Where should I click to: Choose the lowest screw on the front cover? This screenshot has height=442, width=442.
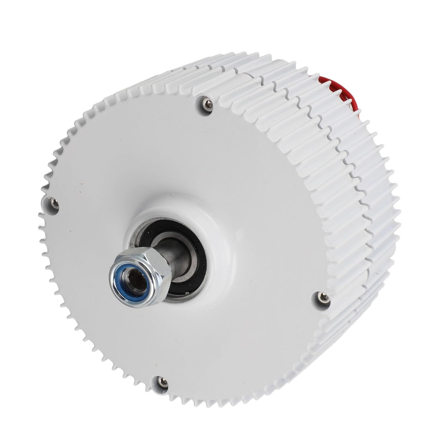[x=161, y=380]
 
